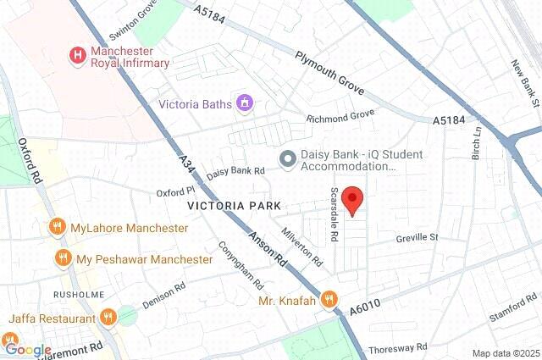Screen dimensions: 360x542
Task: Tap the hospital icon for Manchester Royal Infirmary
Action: click(x=78, y=56)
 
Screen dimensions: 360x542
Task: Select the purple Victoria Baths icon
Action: click(x=246, y=105)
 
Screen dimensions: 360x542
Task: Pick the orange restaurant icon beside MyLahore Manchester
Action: click(x=57, y=228)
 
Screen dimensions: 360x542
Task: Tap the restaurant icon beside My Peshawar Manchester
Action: click(x=62, y=258)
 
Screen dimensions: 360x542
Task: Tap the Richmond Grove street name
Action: click(x=340, y=117)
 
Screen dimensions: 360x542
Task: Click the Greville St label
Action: click(x=417, y=239)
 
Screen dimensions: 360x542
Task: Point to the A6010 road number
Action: click(x=366, y=313)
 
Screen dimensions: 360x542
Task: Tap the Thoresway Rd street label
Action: click(x=398, y=347)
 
